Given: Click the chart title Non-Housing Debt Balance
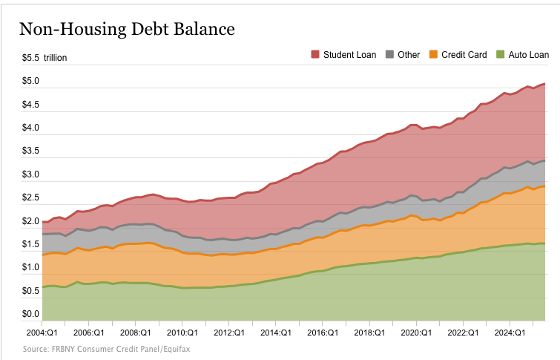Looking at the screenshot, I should click(x=126, y=29).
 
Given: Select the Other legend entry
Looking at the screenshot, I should click(x=402, y=54).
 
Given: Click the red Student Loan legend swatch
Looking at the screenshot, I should click(x=315, y=54).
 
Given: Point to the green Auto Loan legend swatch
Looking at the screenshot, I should click(x=499, y=54).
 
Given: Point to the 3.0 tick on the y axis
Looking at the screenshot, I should click(x=30, y=174).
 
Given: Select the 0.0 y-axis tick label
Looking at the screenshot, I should click(x=30, y=314).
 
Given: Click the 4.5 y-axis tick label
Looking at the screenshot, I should click(x=30, y=105).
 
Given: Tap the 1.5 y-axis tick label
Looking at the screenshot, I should click(x=30, y=244).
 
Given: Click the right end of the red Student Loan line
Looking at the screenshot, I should click(x=546, y=83).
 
